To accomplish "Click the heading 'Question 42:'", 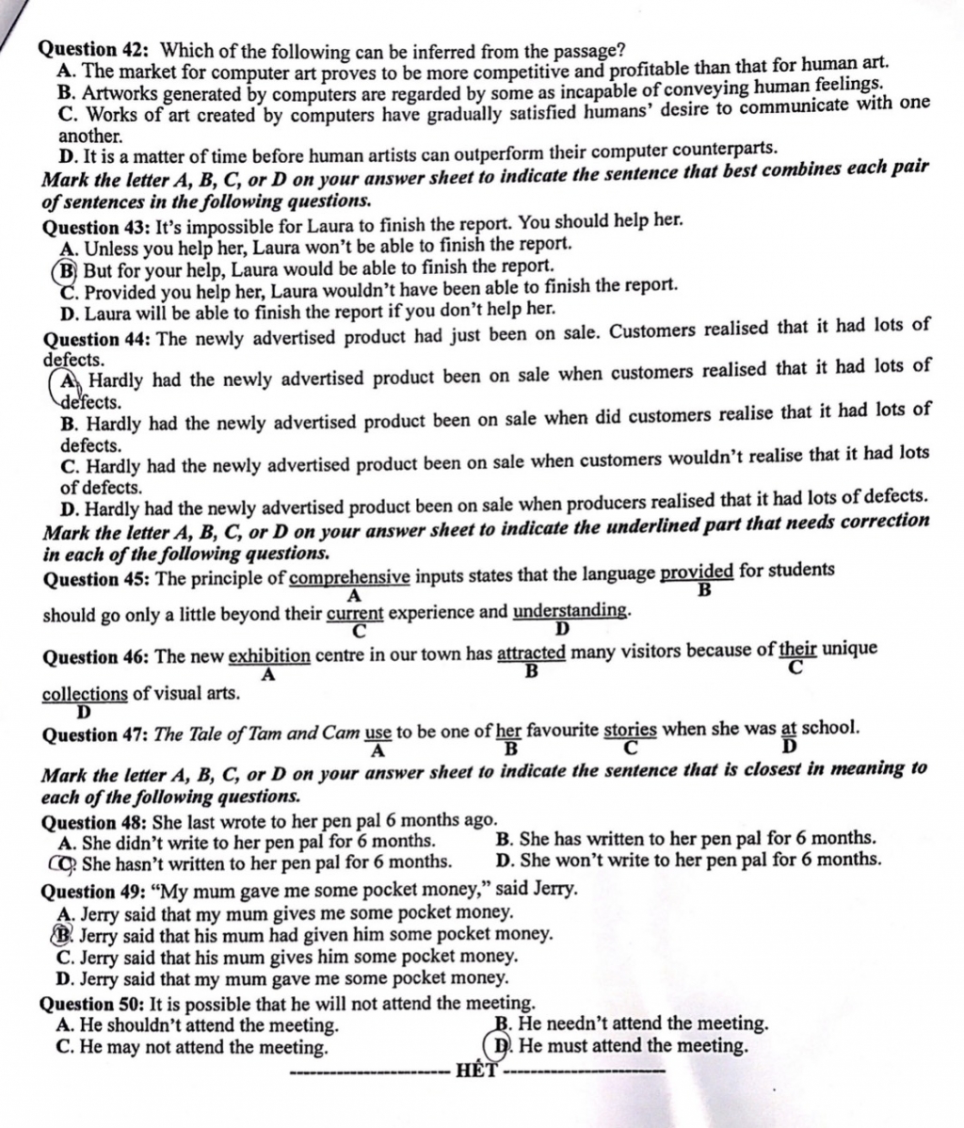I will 98,49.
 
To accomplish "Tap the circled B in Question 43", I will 67,268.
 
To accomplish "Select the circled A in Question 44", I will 69,382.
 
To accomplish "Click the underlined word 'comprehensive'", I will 349,576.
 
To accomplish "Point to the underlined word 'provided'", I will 697,572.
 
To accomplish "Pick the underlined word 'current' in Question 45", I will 356,615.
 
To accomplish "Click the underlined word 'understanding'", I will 569,611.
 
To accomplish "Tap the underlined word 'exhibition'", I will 269,656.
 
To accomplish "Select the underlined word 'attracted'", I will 531,653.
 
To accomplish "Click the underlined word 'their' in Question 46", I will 797,649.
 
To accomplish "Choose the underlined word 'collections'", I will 85,694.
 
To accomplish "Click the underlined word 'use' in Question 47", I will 378,732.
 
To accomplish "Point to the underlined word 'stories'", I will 630,729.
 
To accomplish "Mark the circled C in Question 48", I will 68,862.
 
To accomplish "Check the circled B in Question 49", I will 66,934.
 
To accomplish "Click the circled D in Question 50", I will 504,1046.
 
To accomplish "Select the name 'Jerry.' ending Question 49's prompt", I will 555,888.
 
